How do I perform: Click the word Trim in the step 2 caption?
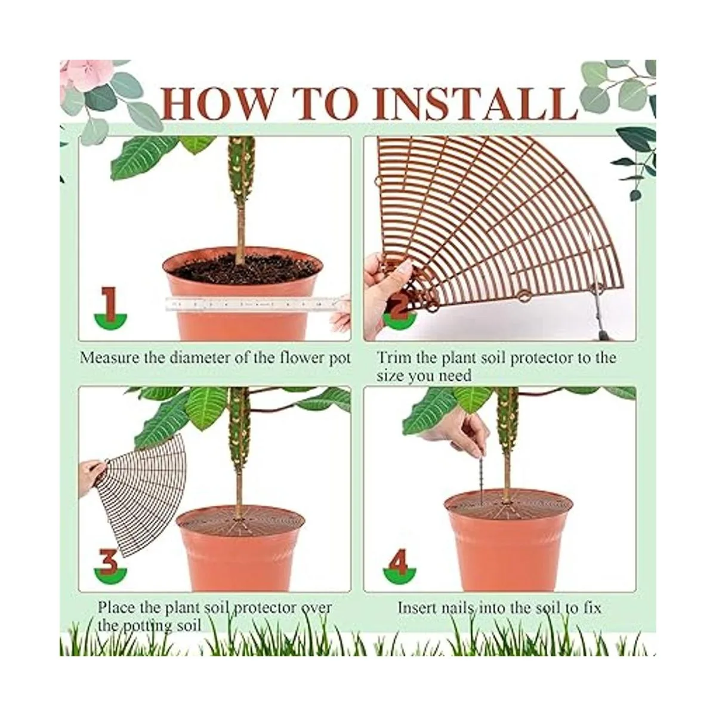coord(393,357)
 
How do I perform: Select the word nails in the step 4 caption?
coord(456,608)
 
